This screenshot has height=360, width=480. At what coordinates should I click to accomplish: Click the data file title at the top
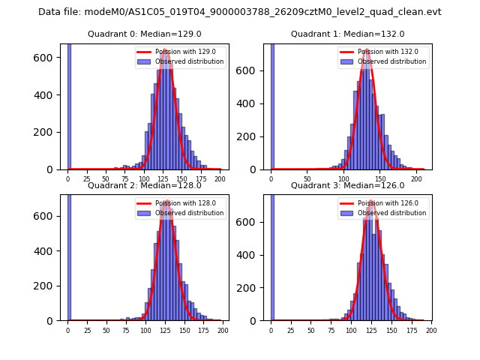tap(240, 12)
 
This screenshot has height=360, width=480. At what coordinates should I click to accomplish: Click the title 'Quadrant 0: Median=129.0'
tap(145, 34)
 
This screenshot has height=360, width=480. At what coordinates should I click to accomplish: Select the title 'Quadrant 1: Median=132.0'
tap(348, 34)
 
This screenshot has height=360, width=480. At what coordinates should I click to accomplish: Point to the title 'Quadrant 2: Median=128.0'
tap(145, 185)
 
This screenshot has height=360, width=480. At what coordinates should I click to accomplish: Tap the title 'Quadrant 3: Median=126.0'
tap(348, 185)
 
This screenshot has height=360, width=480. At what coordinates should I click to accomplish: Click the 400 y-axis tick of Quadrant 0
tap(49, 95)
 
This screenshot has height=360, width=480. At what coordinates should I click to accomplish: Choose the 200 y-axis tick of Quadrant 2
tap(49, 286)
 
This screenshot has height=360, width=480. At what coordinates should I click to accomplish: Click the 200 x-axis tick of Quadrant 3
tap(430, 331)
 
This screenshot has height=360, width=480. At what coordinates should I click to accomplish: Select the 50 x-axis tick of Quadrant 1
tap(307, 179)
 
